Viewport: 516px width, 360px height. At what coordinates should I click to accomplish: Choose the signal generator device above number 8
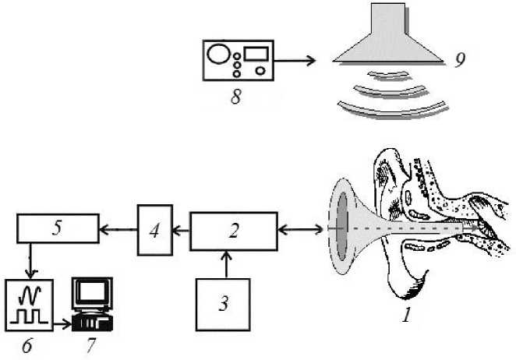pyautogui.click(x=239, y=62)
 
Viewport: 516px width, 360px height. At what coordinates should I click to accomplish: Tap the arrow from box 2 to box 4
pyautogui.click(x=181, y=231)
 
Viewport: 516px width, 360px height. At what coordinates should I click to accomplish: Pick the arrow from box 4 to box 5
pyautogui.click(x=118, y=229)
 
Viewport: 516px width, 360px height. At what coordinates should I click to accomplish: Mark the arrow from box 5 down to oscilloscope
pyautogui.click(x=30, y=262)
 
